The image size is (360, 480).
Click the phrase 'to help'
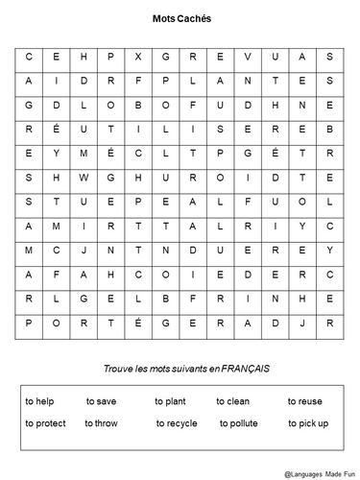[x=39, y=401]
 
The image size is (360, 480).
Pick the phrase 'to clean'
[x=238, y=401]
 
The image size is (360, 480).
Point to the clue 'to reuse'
[x=304, y=401]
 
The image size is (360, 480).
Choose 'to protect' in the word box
[x=45, y=422]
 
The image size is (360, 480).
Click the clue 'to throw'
[x=103, y=422]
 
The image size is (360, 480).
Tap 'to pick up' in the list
[x=307, y=422]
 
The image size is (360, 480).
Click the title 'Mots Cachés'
[x=181, y=18]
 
